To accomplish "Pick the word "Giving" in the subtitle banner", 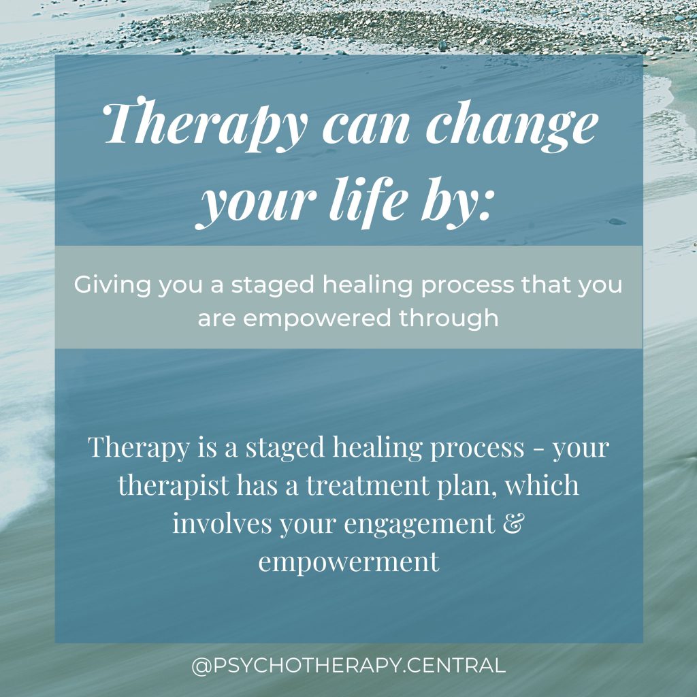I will (112, 285).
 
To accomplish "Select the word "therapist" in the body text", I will (174, 486).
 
